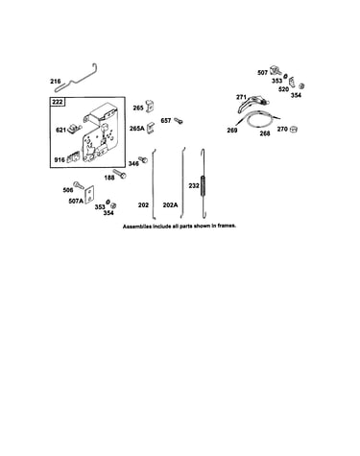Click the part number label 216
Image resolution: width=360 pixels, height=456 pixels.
coord(56,82)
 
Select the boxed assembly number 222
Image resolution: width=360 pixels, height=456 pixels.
coord(58,102)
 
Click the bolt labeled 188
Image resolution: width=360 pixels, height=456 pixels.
coord(120,174)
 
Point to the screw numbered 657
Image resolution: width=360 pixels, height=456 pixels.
coord(179,121)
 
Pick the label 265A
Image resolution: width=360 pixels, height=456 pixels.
coord(136,129)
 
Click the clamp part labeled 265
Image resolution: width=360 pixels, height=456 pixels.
coord(150,106)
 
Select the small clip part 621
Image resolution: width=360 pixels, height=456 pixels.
coord(74,128)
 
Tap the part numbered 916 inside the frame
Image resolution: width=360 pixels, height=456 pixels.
coord(73,157)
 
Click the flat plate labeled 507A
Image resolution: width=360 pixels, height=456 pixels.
coord(89,194)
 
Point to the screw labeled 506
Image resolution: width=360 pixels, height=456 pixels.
coord(79,185)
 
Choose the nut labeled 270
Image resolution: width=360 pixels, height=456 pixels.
coord(294,129)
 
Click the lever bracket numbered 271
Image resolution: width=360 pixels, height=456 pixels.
coord(252,103)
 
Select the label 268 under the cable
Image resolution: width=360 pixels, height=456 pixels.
coord(265,133)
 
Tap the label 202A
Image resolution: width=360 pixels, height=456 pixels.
coord(170,205)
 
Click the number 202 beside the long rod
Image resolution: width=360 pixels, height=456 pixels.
coord(143,205)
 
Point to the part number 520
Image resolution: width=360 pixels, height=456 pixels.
coord(283,89)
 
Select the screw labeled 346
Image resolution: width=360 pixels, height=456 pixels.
coord(143,159)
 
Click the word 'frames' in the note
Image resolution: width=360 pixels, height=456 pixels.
coord(227,226)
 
